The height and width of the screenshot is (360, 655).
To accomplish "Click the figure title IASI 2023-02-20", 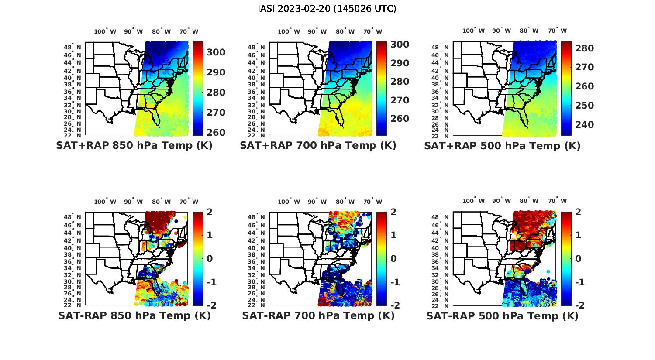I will coord(327,9).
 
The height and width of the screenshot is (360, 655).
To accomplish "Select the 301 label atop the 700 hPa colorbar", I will coord(400,44).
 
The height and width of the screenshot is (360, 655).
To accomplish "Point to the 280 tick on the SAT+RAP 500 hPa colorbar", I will coord(585,48).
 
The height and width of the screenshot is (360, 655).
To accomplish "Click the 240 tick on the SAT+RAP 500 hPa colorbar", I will coord(585,124).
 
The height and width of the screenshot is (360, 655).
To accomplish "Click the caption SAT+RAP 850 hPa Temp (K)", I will coord(134,145).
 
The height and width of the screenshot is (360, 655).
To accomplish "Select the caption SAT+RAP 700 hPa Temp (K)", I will coord(318,145).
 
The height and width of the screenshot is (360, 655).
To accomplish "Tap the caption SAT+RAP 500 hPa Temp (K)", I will coord(502,146).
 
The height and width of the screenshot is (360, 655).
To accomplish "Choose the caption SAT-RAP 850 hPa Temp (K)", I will coord(134,315).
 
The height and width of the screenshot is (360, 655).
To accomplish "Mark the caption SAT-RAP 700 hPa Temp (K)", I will coord(318,315).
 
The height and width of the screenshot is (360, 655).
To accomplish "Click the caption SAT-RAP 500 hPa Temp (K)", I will coord(502,316).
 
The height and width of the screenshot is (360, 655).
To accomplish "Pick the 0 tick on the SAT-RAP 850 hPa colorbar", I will coord(210,258).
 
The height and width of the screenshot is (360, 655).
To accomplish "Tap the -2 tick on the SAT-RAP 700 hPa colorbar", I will coord(394,305).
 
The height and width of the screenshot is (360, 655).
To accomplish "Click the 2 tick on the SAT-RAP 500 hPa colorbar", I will coord(578,212).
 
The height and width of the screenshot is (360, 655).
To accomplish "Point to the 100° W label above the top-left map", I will coord(105,31).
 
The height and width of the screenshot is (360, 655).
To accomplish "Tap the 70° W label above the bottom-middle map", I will coord(372,202).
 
